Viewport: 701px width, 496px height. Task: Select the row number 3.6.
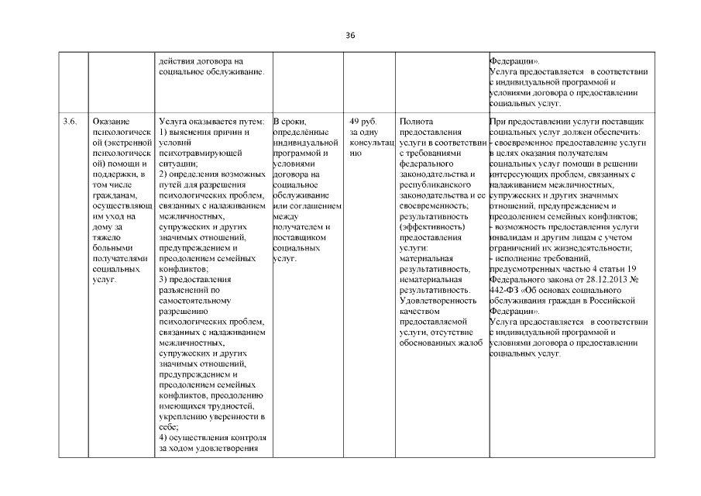pyautogui.click(x=69, y=122)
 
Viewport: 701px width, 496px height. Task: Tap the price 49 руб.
pyautogui.click(x=363, y=122)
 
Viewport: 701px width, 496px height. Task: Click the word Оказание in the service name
pyautogui.click(x=111, y=122)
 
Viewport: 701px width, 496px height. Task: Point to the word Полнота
pyautogui.click(x=416, y=122)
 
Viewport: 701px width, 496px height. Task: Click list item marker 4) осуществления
pyautogui.click(x=162, y=436)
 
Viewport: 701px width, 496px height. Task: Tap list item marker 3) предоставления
pyautogui.click(x=162, y=279)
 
